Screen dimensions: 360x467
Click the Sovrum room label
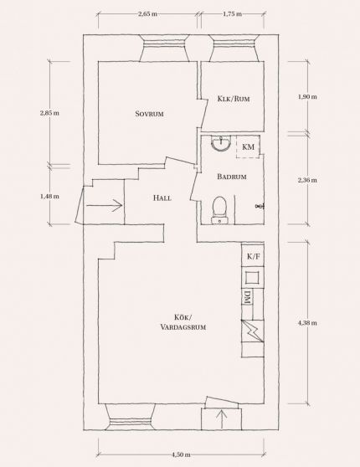tap(149, 114)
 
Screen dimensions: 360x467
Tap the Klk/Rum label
tap(234, 99)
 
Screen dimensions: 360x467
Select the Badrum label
tap(232, 177)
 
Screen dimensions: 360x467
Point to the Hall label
tap(162, 198)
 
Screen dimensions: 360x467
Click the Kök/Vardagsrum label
tap(183, 322)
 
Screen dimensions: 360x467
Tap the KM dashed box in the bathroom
tap(248, 146)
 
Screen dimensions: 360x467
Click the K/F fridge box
tap(253, 256)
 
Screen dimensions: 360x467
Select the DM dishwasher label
tap(247, 297)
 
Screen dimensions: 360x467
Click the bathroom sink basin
tap(220, 143)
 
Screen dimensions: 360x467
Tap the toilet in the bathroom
tap(219, 210)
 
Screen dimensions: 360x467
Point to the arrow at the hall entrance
tap(105, 205)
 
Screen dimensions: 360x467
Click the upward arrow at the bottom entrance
tap(223, 419)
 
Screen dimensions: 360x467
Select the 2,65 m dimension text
tap(148, 14)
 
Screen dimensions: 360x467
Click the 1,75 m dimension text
tap(232, 14)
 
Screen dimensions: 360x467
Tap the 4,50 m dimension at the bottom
tap(181, 454)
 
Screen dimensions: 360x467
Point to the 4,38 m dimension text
tap(307, 323)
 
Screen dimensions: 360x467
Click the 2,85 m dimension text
tap(49, 113)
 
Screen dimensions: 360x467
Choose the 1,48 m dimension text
tap(49, 197)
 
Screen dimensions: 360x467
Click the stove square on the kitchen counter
tap(253, 278)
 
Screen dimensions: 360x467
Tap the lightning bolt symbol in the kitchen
tap(253, 331)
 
